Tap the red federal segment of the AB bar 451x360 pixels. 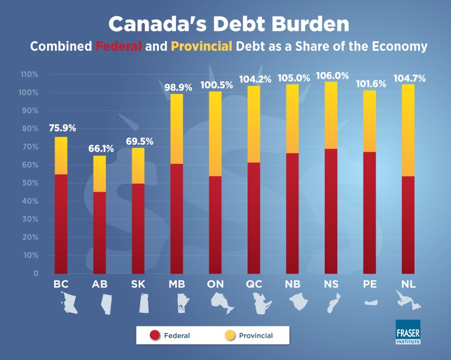pos(99,232)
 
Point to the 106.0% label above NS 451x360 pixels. pos(330,75)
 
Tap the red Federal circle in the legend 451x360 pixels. pos(155,335)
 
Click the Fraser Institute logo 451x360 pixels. pos(408,331)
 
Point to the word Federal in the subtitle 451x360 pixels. pos(119,46)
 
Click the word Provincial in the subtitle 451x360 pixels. pos(201,46)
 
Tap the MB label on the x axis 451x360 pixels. pos(176,284)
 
